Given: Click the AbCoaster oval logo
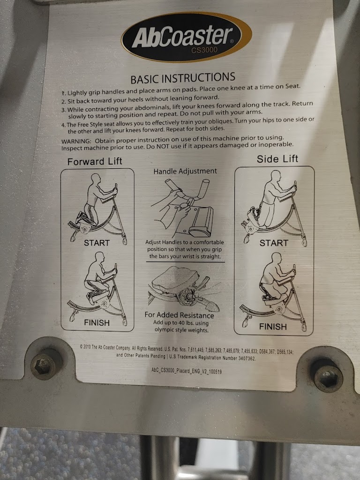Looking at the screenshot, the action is click(186, 37).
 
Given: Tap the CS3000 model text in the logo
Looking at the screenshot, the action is click(204, 50).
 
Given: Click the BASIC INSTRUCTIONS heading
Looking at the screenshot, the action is click(183, 78).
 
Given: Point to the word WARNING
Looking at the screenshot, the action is click(76, 141).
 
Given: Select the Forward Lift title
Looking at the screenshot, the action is click(95, 161).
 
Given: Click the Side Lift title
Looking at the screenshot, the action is click(277, 159).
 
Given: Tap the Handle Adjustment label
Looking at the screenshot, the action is click(185, 171).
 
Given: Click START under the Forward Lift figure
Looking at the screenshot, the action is click(97, 243).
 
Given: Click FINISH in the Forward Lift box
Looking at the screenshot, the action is click(97, 322).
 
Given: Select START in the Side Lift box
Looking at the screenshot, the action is click(274, 243).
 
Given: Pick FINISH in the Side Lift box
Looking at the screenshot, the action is click(273, 327).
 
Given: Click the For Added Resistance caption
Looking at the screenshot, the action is click(179, 315).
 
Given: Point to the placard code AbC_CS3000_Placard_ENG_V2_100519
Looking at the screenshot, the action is click(187, 371).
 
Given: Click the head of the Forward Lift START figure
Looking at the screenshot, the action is click(96, 179).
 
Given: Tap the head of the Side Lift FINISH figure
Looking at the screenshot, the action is click(276, 258).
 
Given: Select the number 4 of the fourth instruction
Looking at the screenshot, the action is click(63, 125).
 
